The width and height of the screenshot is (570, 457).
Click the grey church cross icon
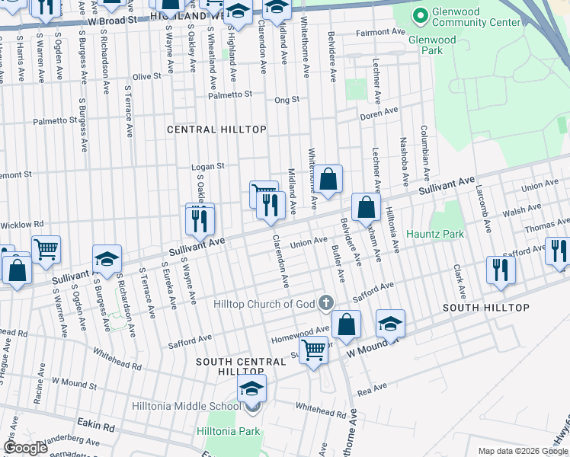tap(325, 304)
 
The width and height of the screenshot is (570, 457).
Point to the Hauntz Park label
tap(434, 234)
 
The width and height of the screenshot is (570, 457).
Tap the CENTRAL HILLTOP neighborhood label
tap(217, 129)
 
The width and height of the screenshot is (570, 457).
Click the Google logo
tap(25, 448)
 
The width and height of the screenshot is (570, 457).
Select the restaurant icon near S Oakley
tap(200, 219)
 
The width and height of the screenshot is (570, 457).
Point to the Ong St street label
tap(287, 100)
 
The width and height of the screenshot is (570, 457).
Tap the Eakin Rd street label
tap(95, 422)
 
